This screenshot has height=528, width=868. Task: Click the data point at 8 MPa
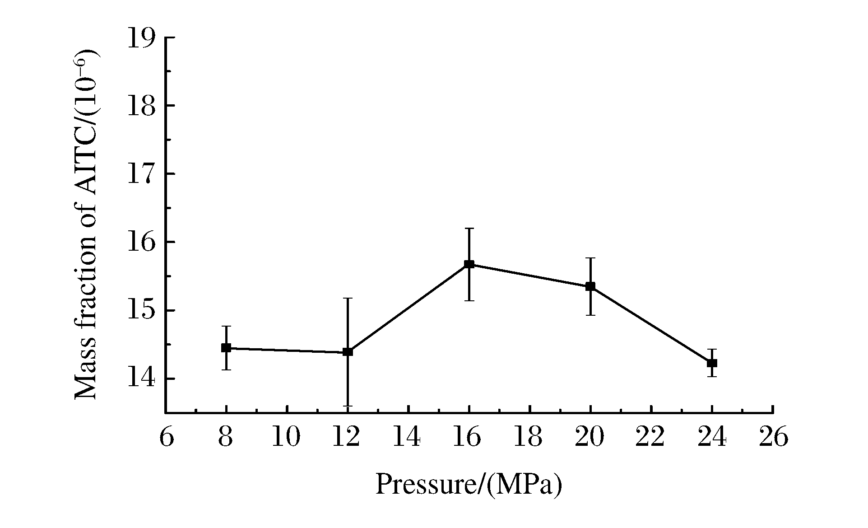226,348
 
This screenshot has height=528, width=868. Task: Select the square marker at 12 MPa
348,351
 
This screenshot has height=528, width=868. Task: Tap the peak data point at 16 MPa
469,264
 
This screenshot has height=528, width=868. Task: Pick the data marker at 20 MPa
590,286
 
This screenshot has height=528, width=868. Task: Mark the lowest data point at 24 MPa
712,363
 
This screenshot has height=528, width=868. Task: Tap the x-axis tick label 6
166,437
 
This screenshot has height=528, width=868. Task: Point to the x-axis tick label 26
773,437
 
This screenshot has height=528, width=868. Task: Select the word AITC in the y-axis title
85,172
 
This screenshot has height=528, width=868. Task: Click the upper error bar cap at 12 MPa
348,298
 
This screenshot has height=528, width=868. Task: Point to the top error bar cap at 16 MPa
469,229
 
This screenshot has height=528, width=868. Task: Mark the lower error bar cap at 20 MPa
590,315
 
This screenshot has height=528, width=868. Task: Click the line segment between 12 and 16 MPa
408,308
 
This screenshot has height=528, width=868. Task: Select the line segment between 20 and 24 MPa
651,324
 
